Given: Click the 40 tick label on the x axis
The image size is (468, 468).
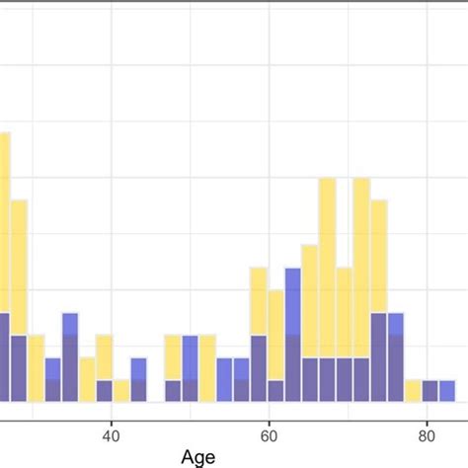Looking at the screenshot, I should coord(112,432).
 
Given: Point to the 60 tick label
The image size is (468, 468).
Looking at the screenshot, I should coord(269,432).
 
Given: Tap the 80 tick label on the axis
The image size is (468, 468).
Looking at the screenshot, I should coord(426,432).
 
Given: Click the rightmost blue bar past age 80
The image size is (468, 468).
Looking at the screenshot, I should coord(447,391).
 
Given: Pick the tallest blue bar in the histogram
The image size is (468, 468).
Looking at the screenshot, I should coord(292,336).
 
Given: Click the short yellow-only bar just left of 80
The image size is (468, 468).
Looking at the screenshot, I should coord(413,391).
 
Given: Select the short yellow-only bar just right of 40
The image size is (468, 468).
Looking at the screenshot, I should coord(120,391).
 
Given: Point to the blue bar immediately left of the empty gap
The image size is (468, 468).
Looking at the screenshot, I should coord(138,380).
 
